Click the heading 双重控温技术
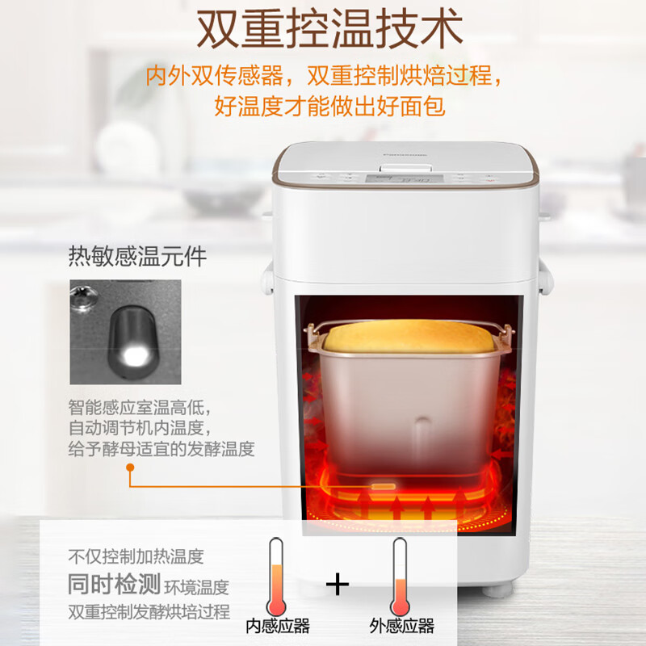coord(330,29)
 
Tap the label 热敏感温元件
coord(137,258)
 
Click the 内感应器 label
coord(278,626)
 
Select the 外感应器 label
coord(401,626)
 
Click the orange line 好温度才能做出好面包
coord(330,106)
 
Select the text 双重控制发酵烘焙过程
coord(149,611)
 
